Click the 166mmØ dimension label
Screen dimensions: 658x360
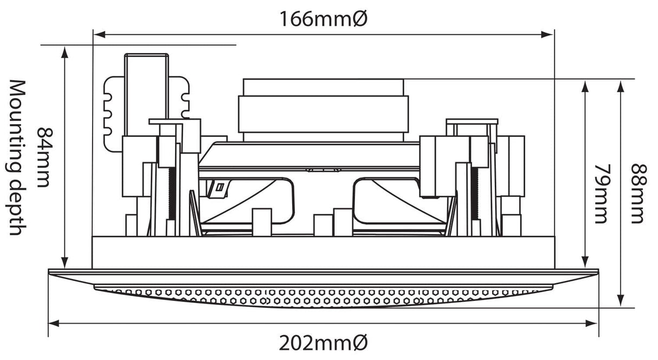(x=324, y=19)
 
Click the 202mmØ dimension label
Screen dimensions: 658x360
(x=324, y=343)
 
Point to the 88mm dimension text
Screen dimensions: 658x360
(x=639, y=194)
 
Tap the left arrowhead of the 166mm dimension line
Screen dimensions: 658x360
(x=99, y=35)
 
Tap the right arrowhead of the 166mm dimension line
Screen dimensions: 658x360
(x=547, y=35)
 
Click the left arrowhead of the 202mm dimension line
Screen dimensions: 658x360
(x=54, y=324)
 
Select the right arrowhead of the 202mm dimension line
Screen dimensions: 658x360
(x=592, y=324)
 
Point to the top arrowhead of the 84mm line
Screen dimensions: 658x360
(x=65, y=52)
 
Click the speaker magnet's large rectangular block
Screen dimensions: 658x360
(x=323, y=114)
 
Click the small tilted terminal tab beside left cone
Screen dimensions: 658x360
(x=218, y=188)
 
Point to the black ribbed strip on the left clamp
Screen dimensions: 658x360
(x=172, y=194)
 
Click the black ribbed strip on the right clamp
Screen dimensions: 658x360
(x=474, y=194)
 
